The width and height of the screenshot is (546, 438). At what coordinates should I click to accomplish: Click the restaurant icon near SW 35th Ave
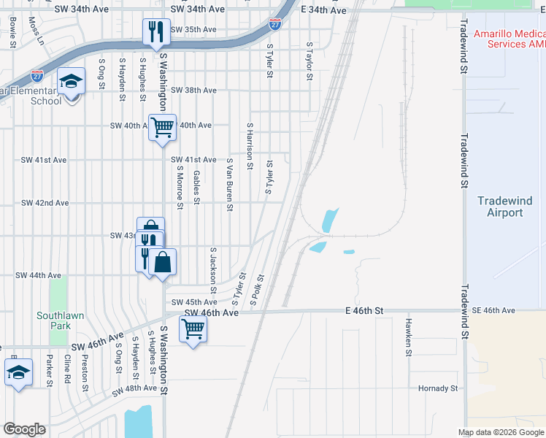coord(155,31)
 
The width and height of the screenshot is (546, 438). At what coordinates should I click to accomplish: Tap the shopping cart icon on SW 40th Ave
coord(162,127)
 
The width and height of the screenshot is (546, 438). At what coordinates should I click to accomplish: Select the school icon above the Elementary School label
coord(72,81)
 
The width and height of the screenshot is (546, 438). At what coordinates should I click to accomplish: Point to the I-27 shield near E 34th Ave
coord(274,24)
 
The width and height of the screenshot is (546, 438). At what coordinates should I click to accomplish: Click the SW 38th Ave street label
coord(193,91)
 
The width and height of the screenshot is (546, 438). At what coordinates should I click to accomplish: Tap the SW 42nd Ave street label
coord(45,203)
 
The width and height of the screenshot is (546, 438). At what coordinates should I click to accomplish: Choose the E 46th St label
coord(364,311)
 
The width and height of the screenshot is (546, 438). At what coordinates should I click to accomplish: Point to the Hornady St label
coord(439,388)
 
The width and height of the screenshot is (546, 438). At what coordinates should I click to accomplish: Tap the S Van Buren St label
coord(229,184)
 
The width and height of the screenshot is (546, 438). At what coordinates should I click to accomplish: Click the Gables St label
coord(196,188)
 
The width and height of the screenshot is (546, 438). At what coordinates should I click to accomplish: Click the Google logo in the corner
coord(25,429)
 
